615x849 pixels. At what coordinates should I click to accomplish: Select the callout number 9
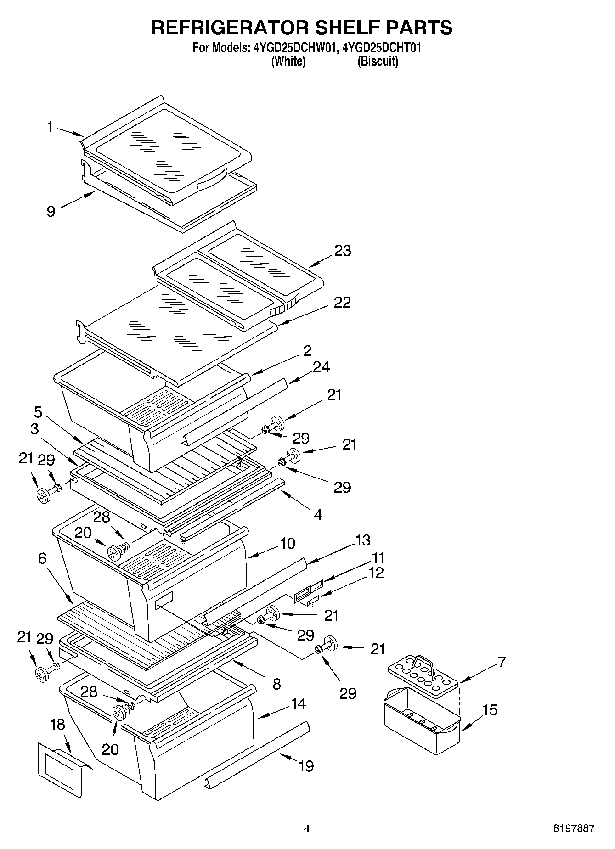pos(51,211)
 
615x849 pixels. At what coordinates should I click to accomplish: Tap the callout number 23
pos(342,251)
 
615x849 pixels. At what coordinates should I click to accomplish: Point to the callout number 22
pos(342,302)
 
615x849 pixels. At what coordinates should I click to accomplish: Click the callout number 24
pos(321,367)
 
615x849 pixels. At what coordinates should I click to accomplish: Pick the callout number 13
pos(362,540)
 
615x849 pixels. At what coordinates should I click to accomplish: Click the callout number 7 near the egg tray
pos(502,662)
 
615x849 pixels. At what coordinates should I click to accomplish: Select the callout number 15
pos(490,710)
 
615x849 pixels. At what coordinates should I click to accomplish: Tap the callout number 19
pos(306,766)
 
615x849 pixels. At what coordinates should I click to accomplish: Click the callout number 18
pos(57,724)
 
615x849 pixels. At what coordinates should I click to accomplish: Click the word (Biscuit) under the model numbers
pos(378,61)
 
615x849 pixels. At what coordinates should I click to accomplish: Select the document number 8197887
pos(574,829)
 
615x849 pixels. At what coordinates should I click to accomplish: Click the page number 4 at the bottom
pos(307,829)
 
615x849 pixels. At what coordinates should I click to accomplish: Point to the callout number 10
pos(288,543)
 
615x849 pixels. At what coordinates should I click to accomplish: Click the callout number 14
pos(298,704)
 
